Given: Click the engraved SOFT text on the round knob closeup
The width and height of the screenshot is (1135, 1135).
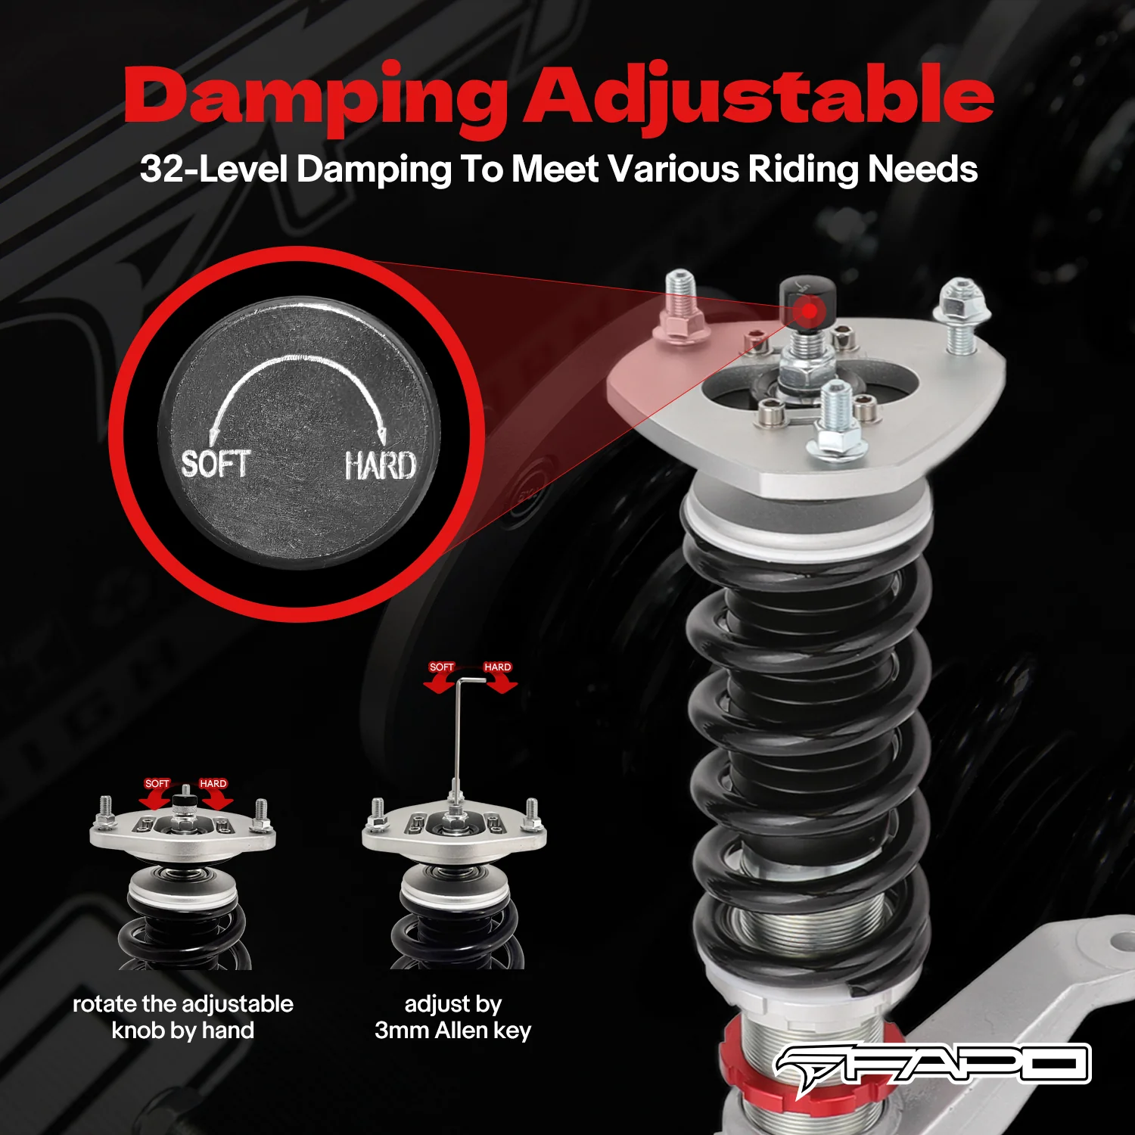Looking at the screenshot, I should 215,463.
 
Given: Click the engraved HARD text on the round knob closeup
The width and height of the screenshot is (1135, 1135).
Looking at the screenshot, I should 380,465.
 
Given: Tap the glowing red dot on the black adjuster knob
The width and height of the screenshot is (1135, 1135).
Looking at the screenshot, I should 809,309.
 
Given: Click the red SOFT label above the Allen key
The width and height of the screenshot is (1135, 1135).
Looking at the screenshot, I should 441,667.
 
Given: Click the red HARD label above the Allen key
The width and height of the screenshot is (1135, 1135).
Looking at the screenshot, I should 497,667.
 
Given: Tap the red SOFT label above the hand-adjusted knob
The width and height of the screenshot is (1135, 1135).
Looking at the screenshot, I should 157,784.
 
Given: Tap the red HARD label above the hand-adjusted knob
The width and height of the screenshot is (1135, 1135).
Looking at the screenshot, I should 213,784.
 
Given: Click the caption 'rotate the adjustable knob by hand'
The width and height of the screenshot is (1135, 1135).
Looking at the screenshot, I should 182,1017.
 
